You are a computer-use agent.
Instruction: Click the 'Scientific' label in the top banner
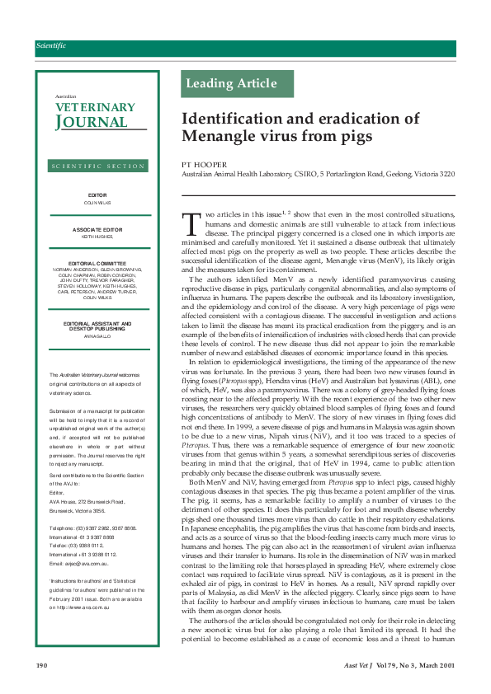pyautogui.click(x=51, y=46)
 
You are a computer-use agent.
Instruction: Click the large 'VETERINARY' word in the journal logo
pyautogui.click(x=95, y=107)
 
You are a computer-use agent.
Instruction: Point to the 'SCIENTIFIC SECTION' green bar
pyautogui.click(x=97, y=166)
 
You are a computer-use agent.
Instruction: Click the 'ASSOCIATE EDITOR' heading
pyautogui.click(x=97, y=228)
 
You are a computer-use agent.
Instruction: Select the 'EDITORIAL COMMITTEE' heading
pyautogui.click(x=97, y=263)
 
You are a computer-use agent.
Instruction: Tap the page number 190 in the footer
pyautogui.click(x=41, y=664)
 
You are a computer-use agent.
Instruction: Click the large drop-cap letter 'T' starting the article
pyautogui.click(x=191, y=222)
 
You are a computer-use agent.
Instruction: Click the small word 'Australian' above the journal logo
pyautogui.click(x=65, y=96)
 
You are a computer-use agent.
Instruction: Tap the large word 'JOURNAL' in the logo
pyautogui.click(x=92, y=123)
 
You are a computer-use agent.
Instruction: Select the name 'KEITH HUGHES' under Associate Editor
pyautogui.click(x=97, y=236)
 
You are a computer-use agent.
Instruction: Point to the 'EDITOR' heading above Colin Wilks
pyautogui.click(x=97, y=195)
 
